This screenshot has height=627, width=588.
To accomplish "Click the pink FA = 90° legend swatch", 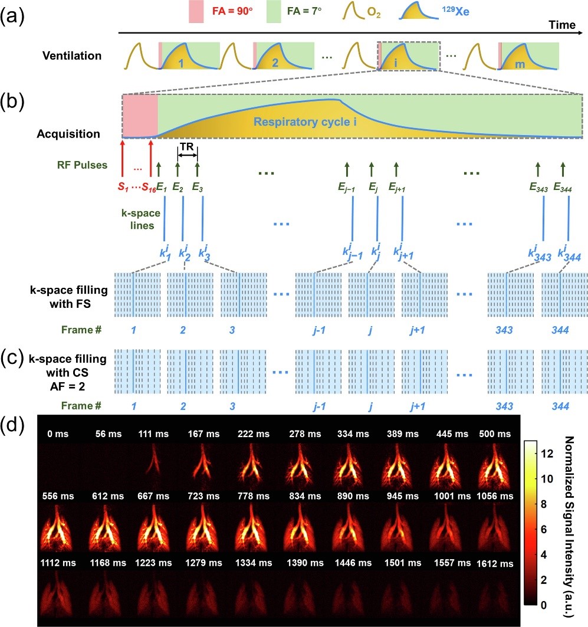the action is pyautogui.click(x=196, y=12).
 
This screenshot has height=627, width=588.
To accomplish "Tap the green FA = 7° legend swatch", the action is pyautogui.click(x=274, y=12).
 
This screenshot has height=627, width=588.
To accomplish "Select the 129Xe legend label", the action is pyautogui.click(x=455, y=11).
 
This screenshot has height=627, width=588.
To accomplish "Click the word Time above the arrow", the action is pyautogui.click(x=562, y=25).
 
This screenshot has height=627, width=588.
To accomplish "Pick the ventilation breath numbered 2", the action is pyautogui.click(x=284, y=56).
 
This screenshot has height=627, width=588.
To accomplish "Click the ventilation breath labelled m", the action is pyautogui.click(x=528, y=56).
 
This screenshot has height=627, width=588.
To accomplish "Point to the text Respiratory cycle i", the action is pyautogui.click(x=305, y=122).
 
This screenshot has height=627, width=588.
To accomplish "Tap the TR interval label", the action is pyautogui.click(x=187, y=147).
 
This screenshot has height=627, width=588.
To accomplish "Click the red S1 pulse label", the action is pyautogui.click(x=123, y=187).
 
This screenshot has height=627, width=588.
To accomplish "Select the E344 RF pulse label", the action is pyautogui.click(x=563, y=187).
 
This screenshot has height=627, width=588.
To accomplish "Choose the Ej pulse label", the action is pyautogui.click(x=373, y=187).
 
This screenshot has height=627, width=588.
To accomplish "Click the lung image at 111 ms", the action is pyautogui.click(x=153, y=466).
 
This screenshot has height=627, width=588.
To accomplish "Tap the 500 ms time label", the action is pyautogui.click(x=495, y=434).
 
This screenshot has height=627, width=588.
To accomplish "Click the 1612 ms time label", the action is pyautogui.click(x=495, y=564).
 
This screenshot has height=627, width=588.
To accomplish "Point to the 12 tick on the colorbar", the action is pyautogui.click(x=547, y=454).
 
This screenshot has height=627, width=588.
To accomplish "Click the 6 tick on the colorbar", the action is pyautogui.click(x=544, y=529).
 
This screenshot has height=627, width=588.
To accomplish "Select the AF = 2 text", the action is pyautogui.click(x=67, y=386).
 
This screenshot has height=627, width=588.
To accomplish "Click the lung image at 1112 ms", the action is pyautogui.click(x=58, y=592).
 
